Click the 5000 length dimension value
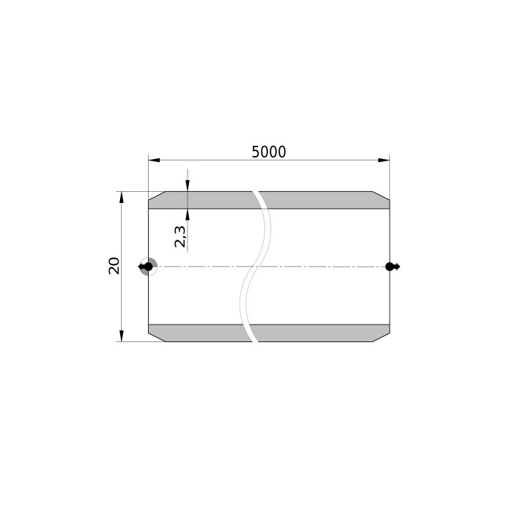pyautogui.click(x=269, y=152)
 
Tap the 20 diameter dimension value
pyautogui.click(x=114, y=266)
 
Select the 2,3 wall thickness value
pyautogui.click(x=179, y=237)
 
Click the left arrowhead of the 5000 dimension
pyautogui.click(x=154, y=160)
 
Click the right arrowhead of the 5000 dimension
pyautogui.click(x=384, y=160)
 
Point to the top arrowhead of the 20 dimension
pyautogui.click(x=122, y=197)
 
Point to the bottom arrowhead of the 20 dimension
pyautogui.click(x=122, y=336)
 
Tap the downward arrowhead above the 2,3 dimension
pyautogui.click(x=188, y=186)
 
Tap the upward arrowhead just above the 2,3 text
pyautogui.click(x=188, y=215)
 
